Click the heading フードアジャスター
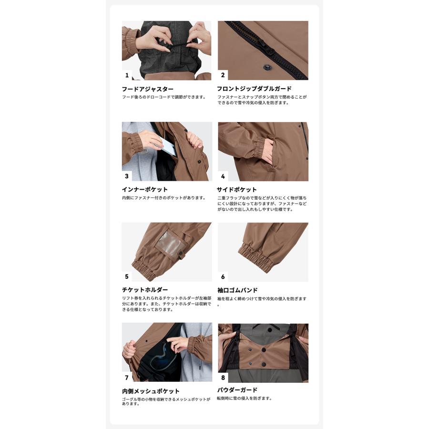(x=147, y=89)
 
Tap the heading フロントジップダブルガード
(x=254, y=89)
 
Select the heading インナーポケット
(x=145, y=189)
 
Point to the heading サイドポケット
(x=236, y=190)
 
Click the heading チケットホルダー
(x=145, y=290)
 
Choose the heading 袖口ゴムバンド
(x=237, y=290)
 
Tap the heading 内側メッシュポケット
(x=151, y=391)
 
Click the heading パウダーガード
(x=237, y=390)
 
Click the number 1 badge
(x=127, y=75)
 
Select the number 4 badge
(x=223, y=176)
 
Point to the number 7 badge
(x=127, y=378)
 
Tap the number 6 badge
(x=223, y=277)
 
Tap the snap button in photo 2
(x=266, y=67)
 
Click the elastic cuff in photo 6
(x=256, y=258)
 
